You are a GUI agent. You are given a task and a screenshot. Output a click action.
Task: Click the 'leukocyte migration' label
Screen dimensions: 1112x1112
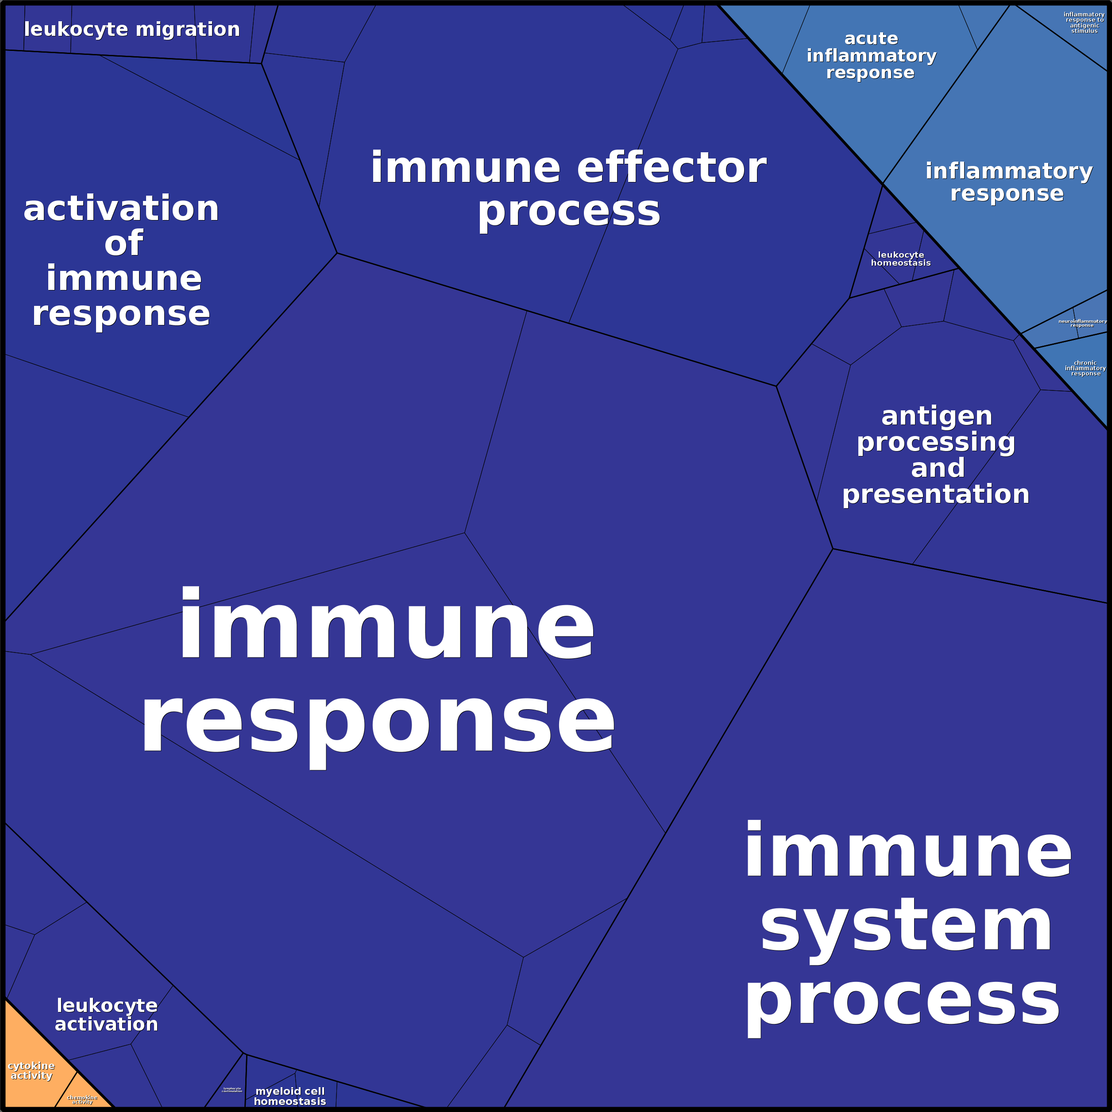(x=132, y=29)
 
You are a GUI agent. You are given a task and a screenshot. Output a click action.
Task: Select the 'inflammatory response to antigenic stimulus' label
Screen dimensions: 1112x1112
(x=1084, y=23)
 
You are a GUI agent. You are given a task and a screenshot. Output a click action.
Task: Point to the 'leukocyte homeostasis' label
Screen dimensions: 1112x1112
(x=901, y=259)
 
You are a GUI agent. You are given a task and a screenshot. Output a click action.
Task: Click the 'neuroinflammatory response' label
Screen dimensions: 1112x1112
(x=1082, y=323)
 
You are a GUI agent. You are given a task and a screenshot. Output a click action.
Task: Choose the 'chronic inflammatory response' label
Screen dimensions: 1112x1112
(x=1085, y=368)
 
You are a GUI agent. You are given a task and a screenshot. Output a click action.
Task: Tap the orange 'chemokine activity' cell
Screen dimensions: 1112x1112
(x=82, y=1099)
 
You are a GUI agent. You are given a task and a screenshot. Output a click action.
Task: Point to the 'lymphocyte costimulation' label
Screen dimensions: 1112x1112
(x=232, y=1089)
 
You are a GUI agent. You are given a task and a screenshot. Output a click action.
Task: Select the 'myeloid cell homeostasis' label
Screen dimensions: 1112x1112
(x=290, y=1096)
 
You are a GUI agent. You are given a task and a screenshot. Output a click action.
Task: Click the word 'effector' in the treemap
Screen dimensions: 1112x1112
(x=671, y=168)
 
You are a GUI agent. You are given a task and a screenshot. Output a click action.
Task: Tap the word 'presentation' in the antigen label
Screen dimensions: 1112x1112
(x=936, y=494)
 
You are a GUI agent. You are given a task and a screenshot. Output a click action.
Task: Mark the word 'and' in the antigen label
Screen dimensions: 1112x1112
(x=938, y=468)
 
